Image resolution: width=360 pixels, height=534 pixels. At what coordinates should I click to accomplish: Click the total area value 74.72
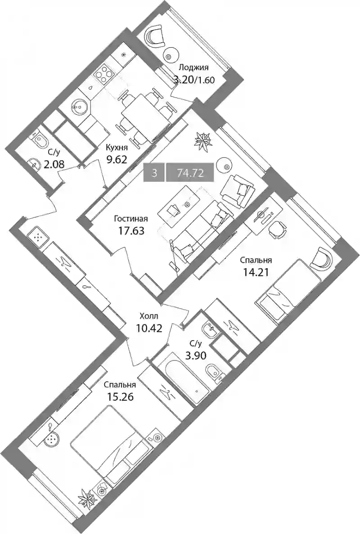tap(190, 173)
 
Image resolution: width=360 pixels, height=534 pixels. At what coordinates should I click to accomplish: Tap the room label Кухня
tap(117, 148)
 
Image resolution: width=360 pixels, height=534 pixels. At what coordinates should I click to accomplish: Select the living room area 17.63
tap(131, 231)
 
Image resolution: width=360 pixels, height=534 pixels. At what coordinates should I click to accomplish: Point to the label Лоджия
tap(194, 67)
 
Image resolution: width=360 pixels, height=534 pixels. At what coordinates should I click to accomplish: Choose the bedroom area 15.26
tap(118, 397)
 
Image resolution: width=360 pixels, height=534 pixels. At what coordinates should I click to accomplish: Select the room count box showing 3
tap(155, 173)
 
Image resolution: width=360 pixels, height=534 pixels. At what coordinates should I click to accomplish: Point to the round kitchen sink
tap(80, 105)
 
